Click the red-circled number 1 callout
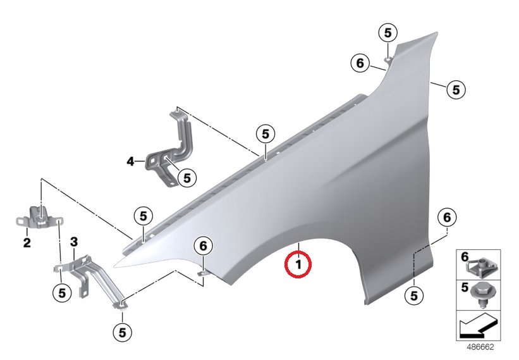coord(298,264)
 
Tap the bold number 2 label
coord(27,243)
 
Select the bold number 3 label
coord(74,242)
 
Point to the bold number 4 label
coord(131,162)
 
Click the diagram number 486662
coord(480,347)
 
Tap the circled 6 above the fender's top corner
coord(360,63)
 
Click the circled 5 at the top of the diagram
coord(388,33)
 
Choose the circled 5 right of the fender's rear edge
coord(456,89)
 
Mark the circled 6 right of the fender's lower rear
coord(447,218)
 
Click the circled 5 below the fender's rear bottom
coord(414,295)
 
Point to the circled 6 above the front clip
coord(203,245)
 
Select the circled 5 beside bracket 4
coord(187,178)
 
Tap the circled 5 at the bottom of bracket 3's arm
coord(122,332)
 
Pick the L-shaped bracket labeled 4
coord(169,150)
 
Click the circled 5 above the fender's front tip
coord(143,216)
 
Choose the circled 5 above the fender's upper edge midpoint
coord(266,133)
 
